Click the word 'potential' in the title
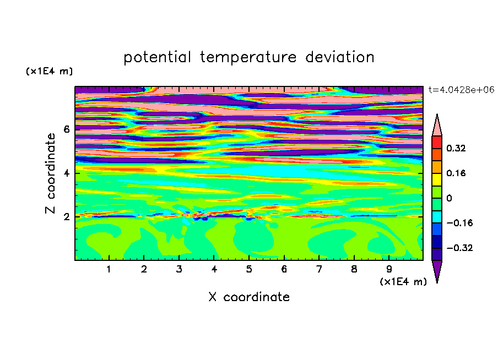157,58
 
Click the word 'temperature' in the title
248,57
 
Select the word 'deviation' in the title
340,57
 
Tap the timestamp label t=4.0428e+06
461,90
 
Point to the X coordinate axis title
249,297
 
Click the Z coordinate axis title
50,173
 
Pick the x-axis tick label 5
249,269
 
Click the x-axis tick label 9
389,269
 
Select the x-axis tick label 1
109,269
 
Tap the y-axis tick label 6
66,129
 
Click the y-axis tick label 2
66,217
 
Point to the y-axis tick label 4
66,173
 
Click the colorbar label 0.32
456,148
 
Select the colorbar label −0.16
459,223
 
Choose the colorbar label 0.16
456,173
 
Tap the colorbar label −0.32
459,248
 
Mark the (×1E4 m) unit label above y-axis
49,71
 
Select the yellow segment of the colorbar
437,179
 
